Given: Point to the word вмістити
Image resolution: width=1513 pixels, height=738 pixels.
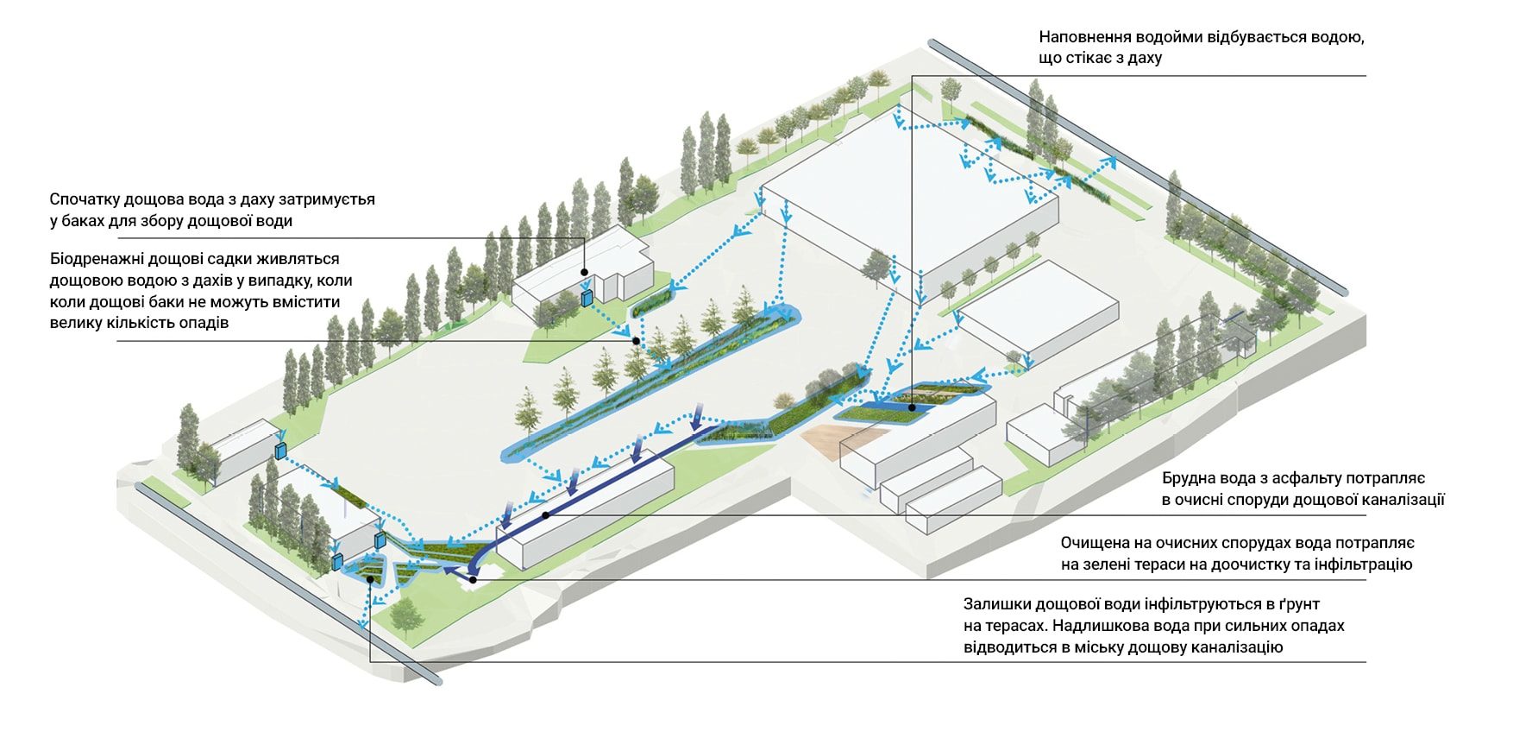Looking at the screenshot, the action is coord(306,302).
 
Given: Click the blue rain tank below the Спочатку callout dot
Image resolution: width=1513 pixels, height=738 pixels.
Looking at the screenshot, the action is coord(587,299).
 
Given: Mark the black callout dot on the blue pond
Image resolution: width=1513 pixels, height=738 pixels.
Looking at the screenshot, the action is coord(912,398).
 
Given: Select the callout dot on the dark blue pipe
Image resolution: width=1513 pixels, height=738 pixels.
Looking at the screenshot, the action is coord(546,515).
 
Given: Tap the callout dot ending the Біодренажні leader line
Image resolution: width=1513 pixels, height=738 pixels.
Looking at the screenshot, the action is coord(636,341).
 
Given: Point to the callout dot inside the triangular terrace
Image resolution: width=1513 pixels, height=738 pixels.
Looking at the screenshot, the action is coord(370,579).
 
